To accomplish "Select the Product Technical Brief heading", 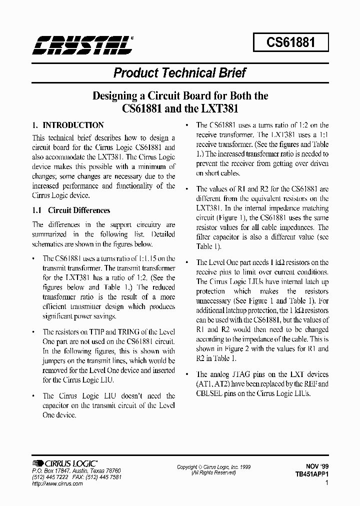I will pos(179,73).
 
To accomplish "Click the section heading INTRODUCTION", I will pos(73,125).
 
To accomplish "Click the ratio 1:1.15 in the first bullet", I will pos(145,258).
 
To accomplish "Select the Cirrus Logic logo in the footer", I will pos(64,463).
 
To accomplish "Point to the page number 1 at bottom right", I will pos(326,483).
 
